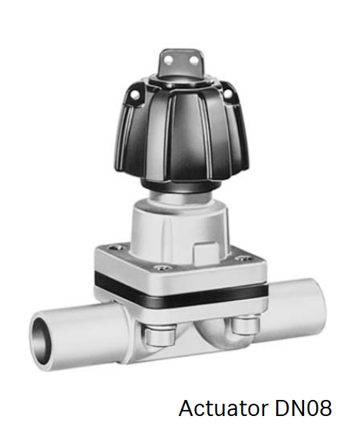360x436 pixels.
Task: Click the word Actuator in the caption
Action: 222,408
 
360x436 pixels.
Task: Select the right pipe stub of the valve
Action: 296,303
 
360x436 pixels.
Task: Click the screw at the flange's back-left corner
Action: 116,247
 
